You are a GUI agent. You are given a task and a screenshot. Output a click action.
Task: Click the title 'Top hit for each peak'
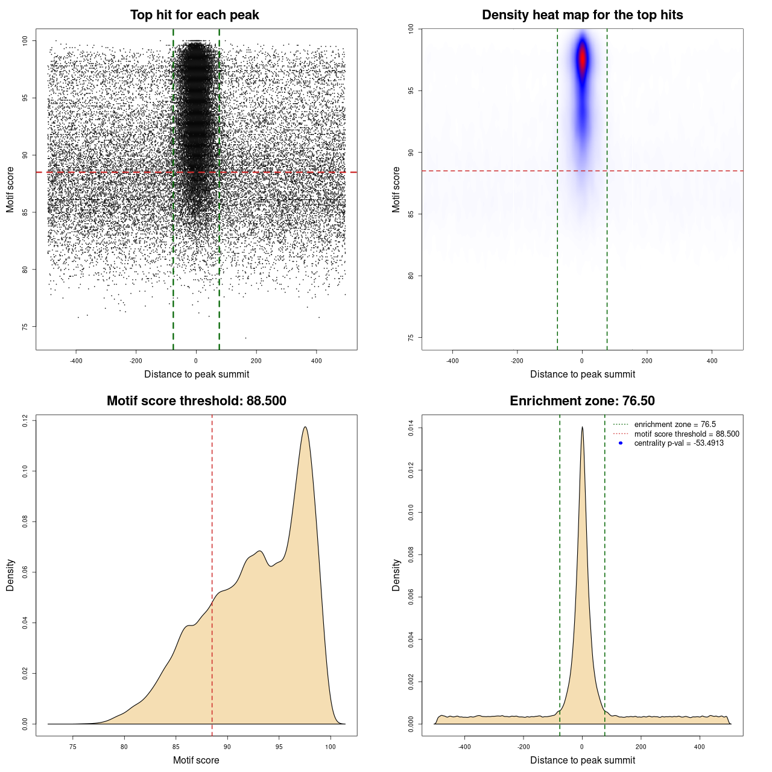[x=194, y=15]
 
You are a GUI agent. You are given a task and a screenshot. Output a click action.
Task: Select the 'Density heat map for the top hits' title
[x=582, y=15]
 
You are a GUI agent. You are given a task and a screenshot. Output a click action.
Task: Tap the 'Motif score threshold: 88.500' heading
[x=196, y=401]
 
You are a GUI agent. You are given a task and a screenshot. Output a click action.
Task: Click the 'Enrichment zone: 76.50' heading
[x=582, y=401]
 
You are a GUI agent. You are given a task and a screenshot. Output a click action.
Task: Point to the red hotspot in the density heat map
[x=583, y=60]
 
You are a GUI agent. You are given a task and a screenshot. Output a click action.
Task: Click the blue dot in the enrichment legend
[x=621, y=443]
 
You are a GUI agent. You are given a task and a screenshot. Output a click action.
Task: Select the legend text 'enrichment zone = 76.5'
[x=675, y=425]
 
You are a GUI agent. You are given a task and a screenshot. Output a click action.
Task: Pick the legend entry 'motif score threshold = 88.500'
[x=686, y=434]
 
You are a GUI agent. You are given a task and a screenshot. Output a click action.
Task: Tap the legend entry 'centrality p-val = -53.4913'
[x=679, y=443]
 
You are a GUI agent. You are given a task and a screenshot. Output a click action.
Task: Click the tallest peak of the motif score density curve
[x=305, y=427]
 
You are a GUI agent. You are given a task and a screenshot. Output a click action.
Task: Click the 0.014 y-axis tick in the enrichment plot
[x=411, y=428]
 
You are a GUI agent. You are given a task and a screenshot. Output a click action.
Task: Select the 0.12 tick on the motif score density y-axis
[x=25, y=420]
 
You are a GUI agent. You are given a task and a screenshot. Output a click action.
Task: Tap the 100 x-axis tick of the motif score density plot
[x=330, y=747]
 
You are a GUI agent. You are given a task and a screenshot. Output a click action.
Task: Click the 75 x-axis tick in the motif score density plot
[x=73, y=747]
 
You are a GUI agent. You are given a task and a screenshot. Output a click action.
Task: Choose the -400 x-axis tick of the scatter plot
[x=76, y=361]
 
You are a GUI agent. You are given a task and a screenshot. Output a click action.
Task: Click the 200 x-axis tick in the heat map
[x=647, y=361]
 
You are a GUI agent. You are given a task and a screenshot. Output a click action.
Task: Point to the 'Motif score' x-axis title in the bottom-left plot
[x=196, y=760]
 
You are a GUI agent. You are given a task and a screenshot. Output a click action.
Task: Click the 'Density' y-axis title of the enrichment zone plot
[x=396, y=575]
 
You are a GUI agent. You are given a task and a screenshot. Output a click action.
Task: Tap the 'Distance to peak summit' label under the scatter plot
[x=197, y=374]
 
